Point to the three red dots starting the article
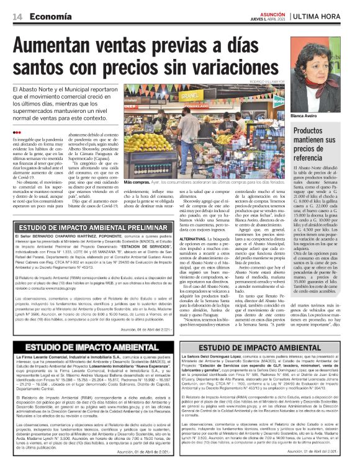(x=16, y=133)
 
